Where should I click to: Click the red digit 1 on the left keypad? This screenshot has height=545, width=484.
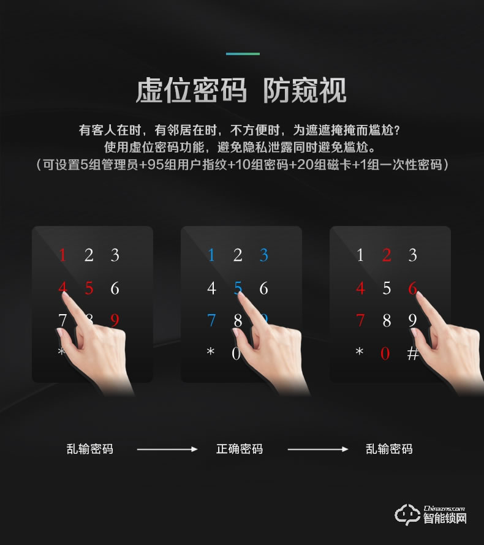click(x=62, y=255)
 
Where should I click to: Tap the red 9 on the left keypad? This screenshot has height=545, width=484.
click(x=115, y=320)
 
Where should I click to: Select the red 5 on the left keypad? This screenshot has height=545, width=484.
click(x=89, y=288)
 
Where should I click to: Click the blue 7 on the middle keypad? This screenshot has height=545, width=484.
click(x=211, y=320)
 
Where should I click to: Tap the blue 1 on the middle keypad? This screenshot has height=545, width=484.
click(x=211, y=255)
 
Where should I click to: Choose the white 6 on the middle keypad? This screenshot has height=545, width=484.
click(x=263, y=288)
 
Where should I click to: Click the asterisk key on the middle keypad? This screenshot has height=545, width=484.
click(x=211, y=351)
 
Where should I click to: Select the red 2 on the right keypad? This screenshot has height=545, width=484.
click(x=387, y=255)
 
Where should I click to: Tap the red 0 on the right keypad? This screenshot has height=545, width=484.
click(x=385, y=353)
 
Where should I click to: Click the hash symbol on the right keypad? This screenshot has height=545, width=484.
click(x=413, y=353)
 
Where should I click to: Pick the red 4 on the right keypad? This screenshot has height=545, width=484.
click(x=361, y=288)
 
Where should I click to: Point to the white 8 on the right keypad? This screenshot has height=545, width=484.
click(x=387, y=320)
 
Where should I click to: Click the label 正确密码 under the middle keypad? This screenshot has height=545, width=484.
click(x=240, y=449)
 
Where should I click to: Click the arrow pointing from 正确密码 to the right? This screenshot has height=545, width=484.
click(x=318, y=449)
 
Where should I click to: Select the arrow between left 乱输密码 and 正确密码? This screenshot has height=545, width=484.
click(x=167, y=449)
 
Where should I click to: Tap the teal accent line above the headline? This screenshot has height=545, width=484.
click(x=243, y=54)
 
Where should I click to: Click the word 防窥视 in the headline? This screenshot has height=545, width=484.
click(x=304, y=91)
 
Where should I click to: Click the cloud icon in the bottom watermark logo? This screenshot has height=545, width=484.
click(x=407, y=514)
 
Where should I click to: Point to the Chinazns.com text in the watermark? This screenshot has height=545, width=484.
click(x=444, y=508)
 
